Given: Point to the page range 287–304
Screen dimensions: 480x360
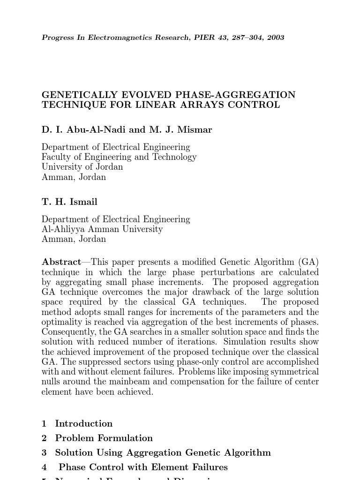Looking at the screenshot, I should click(x=244, y=37).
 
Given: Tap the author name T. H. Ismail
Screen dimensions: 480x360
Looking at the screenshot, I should click(x=69, y=202).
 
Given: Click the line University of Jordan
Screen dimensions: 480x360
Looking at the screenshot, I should click(x=82, y=167).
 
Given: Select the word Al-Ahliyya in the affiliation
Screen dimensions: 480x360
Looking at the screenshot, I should click(x=61, y=229).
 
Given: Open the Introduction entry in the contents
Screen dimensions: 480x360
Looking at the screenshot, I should click(x=83, y=424).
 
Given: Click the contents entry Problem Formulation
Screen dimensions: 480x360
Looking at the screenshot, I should click(x=104, y=438).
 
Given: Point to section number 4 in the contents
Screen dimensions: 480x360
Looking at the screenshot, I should click(x=44, y=467).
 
